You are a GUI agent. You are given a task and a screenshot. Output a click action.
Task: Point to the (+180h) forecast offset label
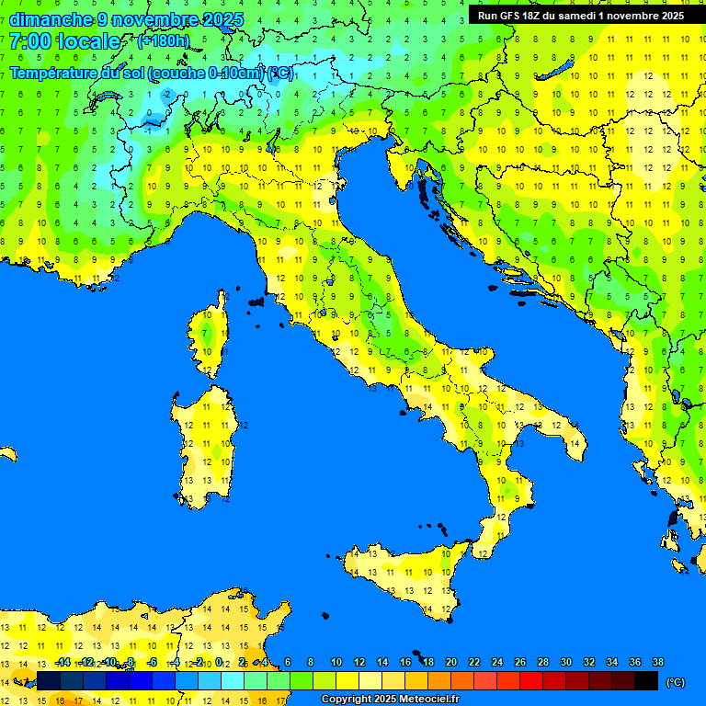click(x=163, y=41)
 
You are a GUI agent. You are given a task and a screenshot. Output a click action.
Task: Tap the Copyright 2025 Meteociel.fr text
click(x=390, y=700)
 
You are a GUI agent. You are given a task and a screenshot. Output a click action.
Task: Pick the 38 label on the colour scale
click(x=657, y=663)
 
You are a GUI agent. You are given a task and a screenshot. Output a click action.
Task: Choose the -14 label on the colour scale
click(x=63, y=663)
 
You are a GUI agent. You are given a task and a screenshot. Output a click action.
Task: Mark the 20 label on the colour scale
click(x=451, y=663)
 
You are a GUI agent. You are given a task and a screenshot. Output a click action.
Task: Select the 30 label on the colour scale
click(x=566, y=663)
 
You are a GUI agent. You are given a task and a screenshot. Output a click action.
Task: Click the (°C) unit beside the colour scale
click(x=675, y=682)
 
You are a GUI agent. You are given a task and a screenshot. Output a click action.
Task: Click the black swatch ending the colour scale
click(x=646, y=680)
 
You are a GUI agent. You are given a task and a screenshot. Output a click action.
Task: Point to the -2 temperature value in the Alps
click(x=166, y=94)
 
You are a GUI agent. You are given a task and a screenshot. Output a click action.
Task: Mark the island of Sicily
click(x=404, y=579)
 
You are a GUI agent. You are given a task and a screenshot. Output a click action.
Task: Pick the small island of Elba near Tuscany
click(x=256, y=302)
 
